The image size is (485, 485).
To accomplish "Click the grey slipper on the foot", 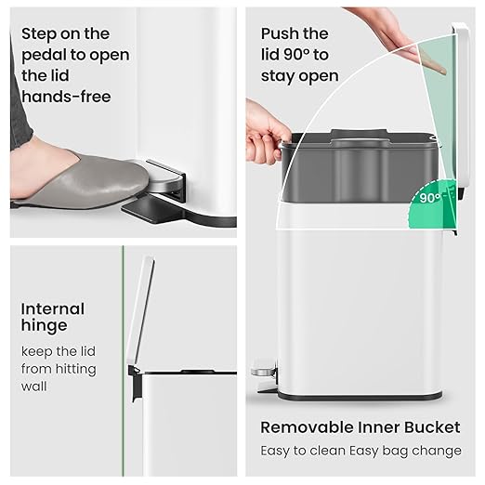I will coord(84,182).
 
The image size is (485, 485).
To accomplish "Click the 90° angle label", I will coord(429,198).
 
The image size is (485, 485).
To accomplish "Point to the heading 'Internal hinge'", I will coord(53,317).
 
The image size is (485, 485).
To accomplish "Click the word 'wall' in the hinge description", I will coord(36,387).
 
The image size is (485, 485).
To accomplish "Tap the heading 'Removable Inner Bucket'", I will coord(360,427).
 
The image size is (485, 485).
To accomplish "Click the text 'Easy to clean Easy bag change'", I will coord(360,451).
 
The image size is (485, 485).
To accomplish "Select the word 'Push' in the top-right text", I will coord(282,34).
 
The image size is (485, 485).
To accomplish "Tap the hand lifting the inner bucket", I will coord(266,130).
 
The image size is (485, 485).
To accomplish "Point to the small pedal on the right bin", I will coord(263,372).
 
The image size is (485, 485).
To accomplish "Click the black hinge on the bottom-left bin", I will coord(135,381).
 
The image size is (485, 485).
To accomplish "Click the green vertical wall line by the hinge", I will coord(123,353).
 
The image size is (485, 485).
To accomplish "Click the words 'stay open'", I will coord(299,75).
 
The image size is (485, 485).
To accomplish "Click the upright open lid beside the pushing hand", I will coord(460,102).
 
